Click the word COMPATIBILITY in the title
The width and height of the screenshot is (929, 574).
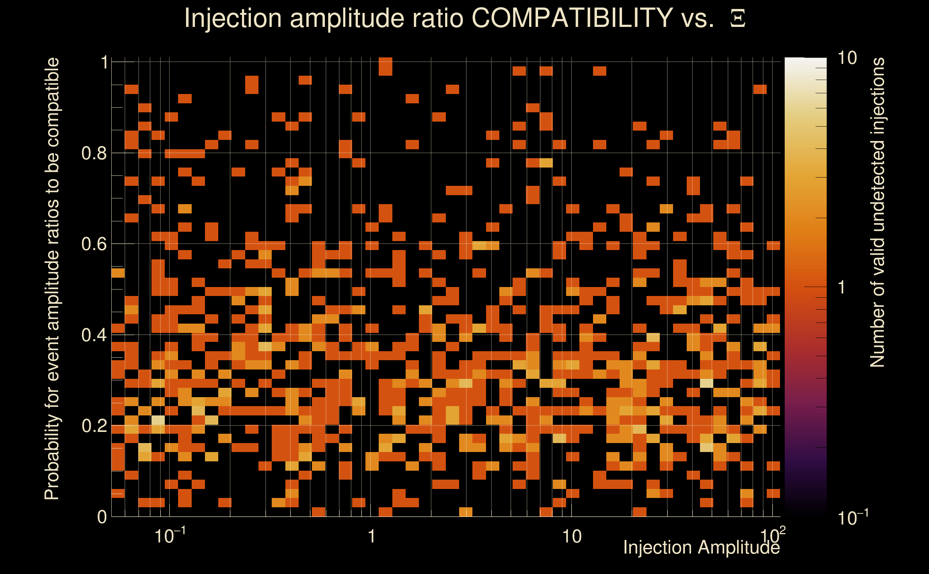pos(572,18)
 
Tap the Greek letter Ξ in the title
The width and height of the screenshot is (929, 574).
pos(738,19)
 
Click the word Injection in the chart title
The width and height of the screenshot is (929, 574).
pos(233,18)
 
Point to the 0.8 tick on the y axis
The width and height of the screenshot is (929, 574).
pos(94,154)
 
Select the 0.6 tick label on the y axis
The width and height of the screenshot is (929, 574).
pos(94,244)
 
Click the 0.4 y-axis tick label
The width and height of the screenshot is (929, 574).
pos(94,335)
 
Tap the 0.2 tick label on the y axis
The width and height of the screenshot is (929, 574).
pos(94,426)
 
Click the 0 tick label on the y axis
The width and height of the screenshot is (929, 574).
pos(102,517)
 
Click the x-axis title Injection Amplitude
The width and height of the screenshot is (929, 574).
pos(701,547)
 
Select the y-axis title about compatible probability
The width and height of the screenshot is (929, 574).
pos(52,279)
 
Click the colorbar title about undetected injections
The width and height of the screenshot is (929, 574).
pos(877,213)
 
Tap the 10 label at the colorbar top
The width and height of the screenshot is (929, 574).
pos(847,58)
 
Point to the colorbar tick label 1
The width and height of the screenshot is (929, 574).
pos(842,287)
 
